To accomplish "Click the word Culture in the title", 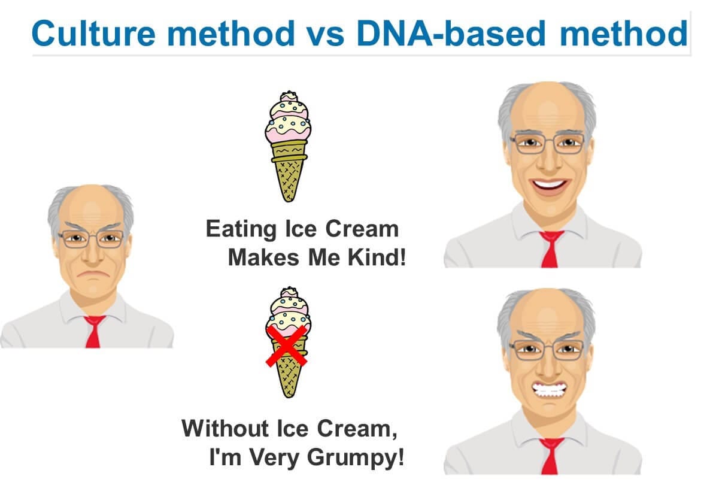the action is click(x=93, y=33).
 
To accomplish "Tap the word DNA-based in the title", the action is click(x=451, y=33).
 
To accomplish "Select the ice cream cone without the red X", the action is click(x=289, y=146).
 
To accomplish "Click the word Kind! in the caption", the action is click(x=377, y=257).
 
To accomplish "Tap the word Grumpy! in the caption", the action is click(x=356, y=457).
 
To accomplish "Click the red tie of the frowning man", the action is click(x=93, y=331).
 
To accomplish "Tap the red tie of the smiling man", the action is click(x=550, y=249).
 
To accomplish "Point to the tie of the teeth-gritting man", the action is click(x=551, y=456).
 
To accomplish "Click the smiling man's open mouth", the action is click(x=550, y=185).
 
